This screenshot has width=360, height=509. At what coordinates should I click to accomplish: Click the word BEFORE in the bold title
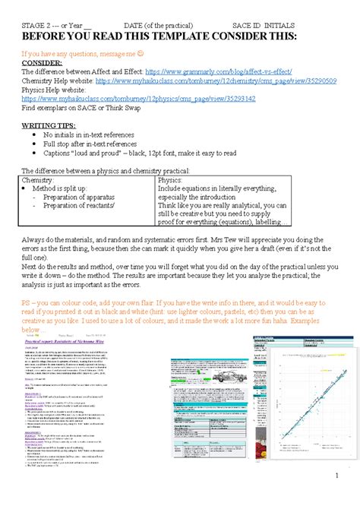45,37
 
